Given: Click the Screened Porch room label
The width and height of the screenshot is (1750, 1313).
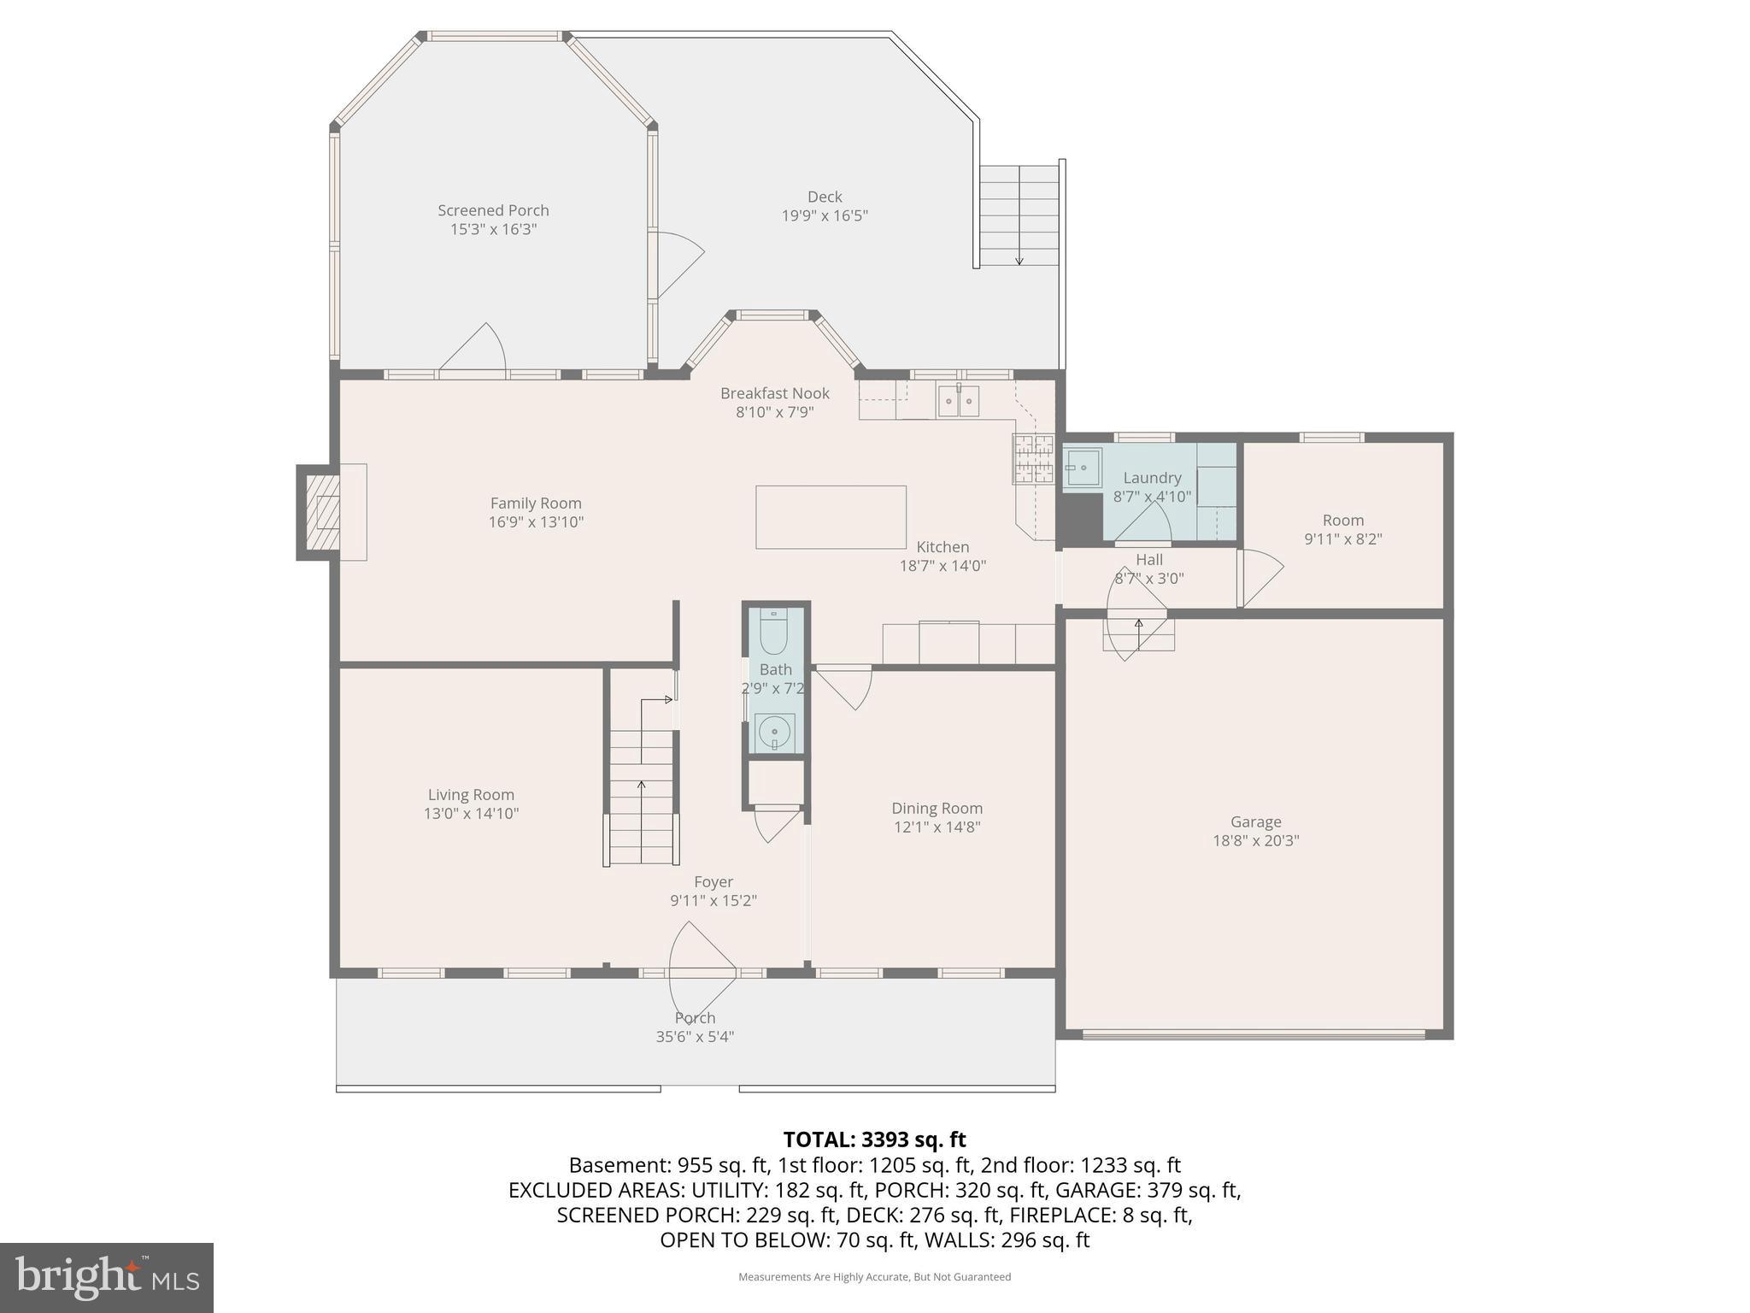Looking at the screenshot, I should pos(493,210).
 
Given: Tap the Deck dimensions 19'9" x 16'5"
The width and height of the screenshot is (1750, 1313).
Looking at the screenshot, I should pos(825,215).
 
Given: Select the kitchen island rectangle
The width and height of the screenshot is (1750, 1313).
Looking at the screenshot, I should pos(831,517).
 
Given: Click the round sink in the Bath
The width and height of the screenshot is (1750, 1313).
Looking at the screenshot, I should pos(775,732).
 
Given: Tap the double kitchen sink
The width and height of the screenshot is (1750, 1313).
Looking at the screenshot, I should pos(959,401).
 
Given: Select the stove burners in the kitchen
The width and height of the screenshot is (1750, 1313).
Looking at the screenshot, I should pos(1033,459).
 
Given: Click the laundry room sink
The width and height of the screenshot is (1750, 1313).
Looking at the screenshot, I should pos(1082,468).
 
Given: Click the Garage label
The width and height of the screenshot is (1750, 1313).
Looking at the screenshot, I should pos(1255,821).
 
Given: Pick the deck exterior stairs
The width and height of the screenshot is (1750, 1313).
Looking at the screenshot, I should pos(1019,215).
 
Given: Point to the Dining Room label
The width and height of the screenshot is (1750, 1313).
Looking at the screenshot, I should pos(937,808).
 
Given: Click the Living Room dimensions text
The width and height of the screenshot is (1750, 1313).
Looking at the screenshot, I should pos(471,814).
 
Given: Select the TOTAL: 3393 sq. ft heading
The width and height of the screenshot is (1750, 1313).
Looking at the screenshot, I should pos(874,1139).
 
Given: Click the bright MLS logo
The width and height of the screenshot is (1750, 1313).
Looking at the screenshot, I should pos(107,1277).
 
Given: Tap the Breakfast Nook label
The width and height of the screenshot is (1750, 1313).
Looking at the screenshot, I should pos(774,393).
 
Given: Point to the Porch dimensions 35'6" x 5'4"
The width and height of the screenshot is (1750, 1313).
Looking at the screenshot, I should pos(695,1037).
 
